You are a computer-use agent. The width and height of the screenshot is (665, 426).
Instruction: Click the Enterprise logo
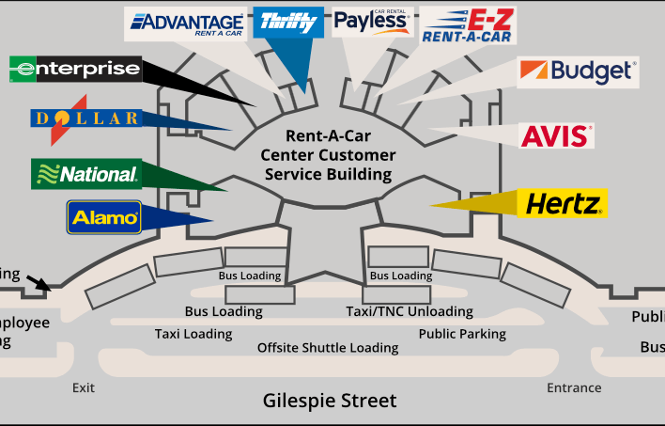pyautogui.click(x=75, y=69)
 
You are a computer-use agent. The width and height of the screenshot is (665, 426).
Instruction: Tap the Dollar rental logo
pyautogui.click(x=85, y=118)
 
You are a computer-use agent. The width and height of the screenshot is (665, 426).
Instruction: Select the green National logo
pyautogui.click(x=85, y=174)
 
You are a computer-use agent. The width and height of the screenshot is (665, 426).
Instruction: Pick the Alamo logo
pyautogui.click(x=104, y=217)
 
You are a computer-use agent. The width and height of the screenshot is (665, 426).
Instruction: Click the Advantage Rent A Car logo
pyautogui.click(x=187, y=24)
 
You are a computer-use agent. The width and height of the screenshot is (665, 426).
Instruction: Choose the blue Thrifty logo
pyautogui.click(x=288, y=22)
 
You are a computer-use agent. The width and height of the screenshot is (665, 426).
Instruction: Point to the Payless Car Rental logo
pyautogui.click(x=373, y=22)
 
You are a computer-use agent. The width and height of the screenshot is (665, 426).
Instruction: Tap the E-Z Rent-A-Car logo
pyautogui.click(x=466, y=25)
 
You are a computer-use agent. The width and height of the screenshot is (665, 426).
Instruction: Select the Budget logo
pyautogui.click(x=579, y=71)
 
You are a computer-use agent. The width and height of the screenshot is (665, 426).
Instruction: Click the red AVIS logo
pyautogui.click(x=557, y=136)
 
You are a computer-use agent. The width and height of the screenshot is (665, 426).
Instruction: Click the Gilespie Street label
pyautogui.click(x=329, y=401)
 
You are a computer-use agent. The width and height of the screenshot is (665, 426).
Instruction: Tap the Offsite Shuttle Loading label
pyautogui.click(x=328, y=348)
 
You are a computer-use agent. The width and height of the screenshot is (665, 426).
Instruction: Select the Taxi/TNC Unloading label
pyautogui.click(x=410, y=311)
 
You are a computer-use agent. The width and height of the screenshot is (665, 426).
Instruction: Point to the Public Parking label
pyautogui.click(x=462, y=334)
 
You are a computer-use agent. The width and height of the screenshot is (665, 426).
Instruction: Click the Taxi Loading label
pyautogui.click(x=193, y=334)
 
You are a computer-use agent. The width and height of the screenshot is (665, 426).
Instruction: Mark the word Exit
pyautogui.click(x=84, y=387)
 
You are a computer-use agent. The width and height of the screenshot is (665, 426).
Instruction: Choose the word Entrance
pyautogui.click(x=574, y=387)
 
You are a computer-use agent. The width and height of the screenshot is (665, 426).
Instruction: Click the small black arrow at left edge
pyautogui.click(x=39, y=282)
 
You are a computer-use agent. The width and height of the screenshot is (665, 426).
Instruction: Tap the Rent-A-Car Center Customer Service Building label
pyautogui.click(x=328, y=155)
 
